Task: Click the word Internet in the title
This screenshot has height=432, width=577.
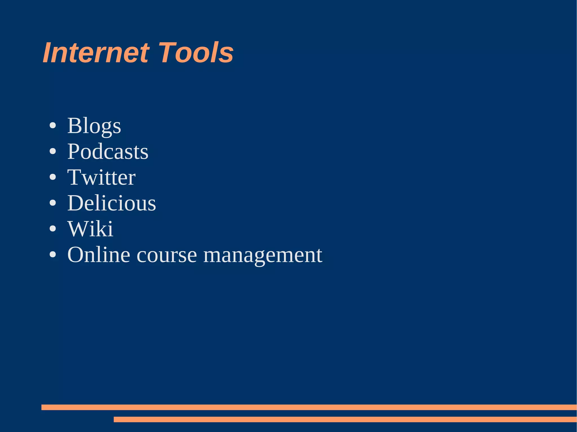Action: [96, 53]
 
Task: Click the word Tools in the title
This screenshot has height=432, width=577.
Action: [196, 53]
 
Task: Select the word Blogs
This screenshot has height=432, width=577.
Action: [94, 126]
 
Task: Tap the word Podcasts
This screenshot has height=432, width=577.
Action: [108, 152]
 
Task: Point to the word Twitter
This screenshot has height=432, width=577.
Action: [101, 178]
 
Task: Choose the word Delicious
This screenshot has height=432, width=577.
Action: [112, 203]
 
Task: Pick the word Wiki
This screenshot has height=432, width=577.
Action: [90, 229]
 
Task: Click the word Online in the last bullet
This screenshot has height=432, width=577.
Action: [99, 255]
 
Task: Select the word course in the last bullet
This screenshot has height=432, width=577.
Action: [167, 255]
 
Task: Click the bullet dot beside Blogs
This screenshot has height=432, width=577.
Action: [53, 126]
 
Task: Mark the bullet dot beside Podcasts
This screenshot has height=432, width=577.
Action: [53, 152]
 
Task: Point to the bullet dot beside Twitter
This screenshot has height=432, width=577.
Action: [53, 178]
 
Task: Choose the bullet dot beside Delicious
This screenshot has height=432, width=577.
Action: [53, 203]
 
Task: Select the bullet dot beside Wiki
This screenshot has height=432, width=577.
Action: [53, 229]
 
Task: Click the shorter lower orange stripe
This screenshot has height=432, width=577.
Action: [345, 419]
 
